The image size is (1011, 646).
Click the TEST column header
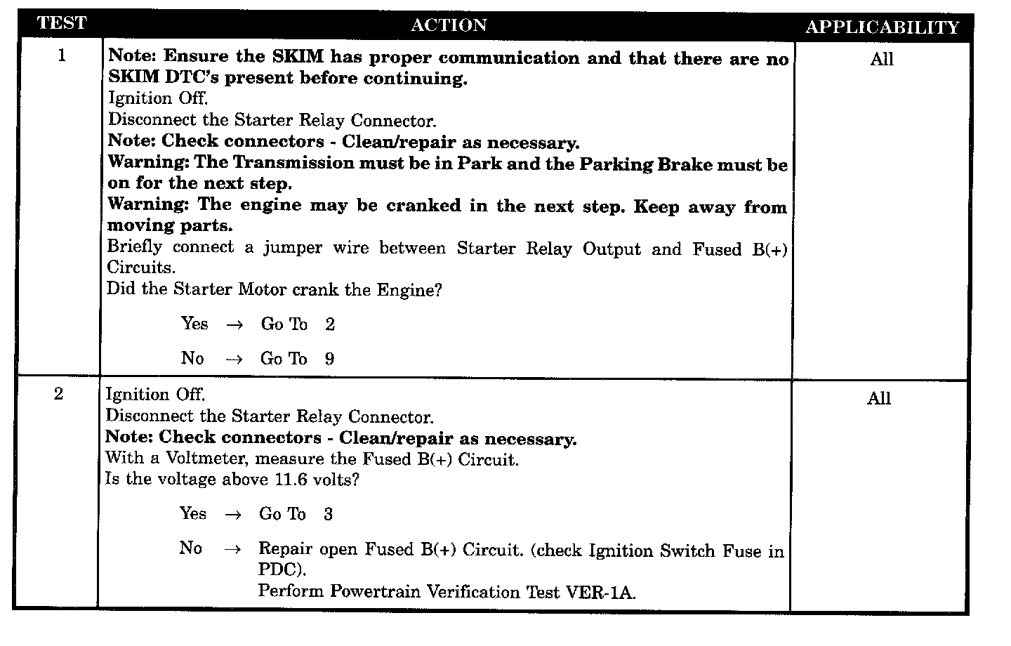coord(61,23)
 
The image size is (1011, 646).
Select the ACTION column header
coord(448,25)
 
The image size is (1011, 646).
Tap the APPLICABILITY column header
coord(882,27)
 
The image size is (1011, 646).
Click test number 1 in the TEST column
coord(62,55)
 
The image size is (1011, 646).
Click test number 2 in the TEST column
coord(59,394)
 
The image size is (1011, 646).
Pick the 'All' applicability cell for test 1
coord(882,60)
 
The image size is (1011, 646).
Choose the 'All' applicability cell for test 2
coord(879,399)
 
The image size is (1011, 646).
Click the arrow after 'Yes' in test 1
coord(234,325)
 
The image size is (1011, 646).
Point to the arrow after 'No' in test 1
coord(234,360)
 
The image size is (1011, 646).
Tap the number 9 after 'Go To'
coord(329,360)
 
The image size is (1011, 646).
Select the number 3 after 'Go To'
coord(328,515)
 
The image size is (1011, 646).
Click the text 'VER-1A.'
coord(600,593)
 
